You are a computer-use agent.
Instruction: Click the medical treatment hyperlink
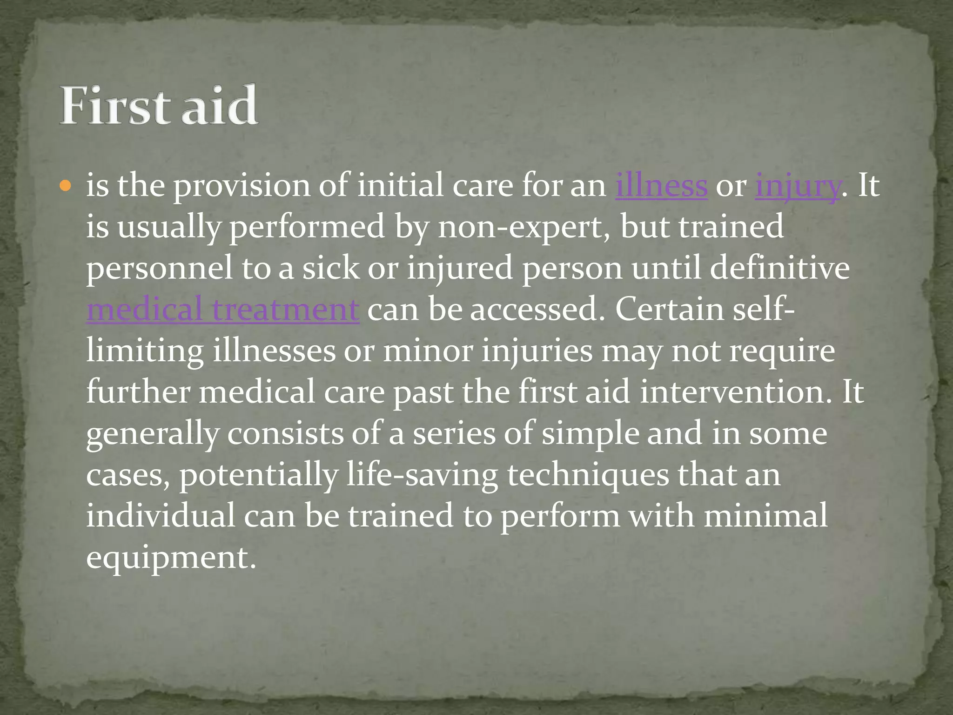222,310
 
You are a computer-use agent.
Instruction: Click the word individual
161,516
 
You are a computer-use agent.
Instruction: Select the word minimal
765,516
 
